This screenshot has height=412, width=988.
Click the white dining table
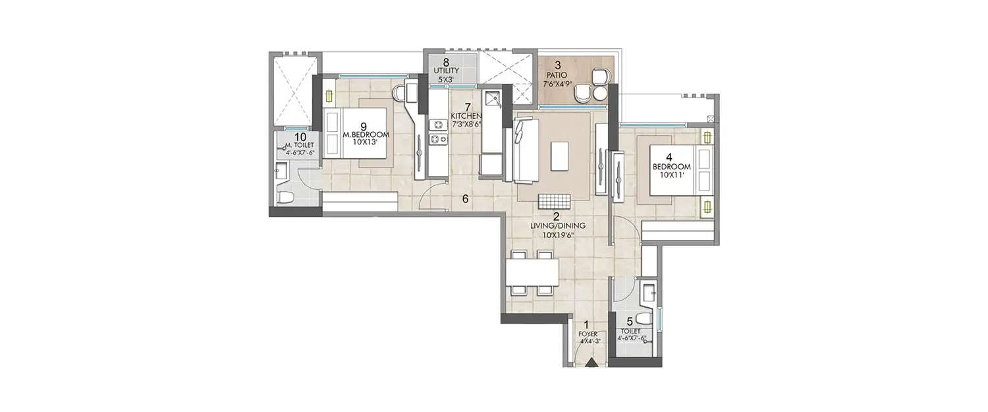(532, 271)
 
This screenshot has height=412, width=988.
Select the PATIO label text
(557, 74)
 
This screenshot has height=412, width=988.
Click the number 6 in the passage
(465, 199)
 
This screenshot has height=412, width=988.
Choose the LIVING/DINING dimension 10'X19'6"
(557, 233)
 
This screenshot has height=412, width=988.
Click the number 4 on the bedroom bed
(670, 158)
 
